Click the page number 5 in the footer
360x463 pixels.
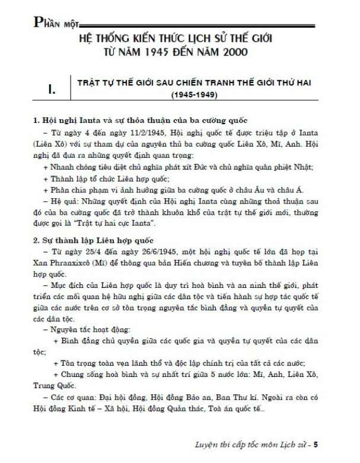click(x=317, y=443)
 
